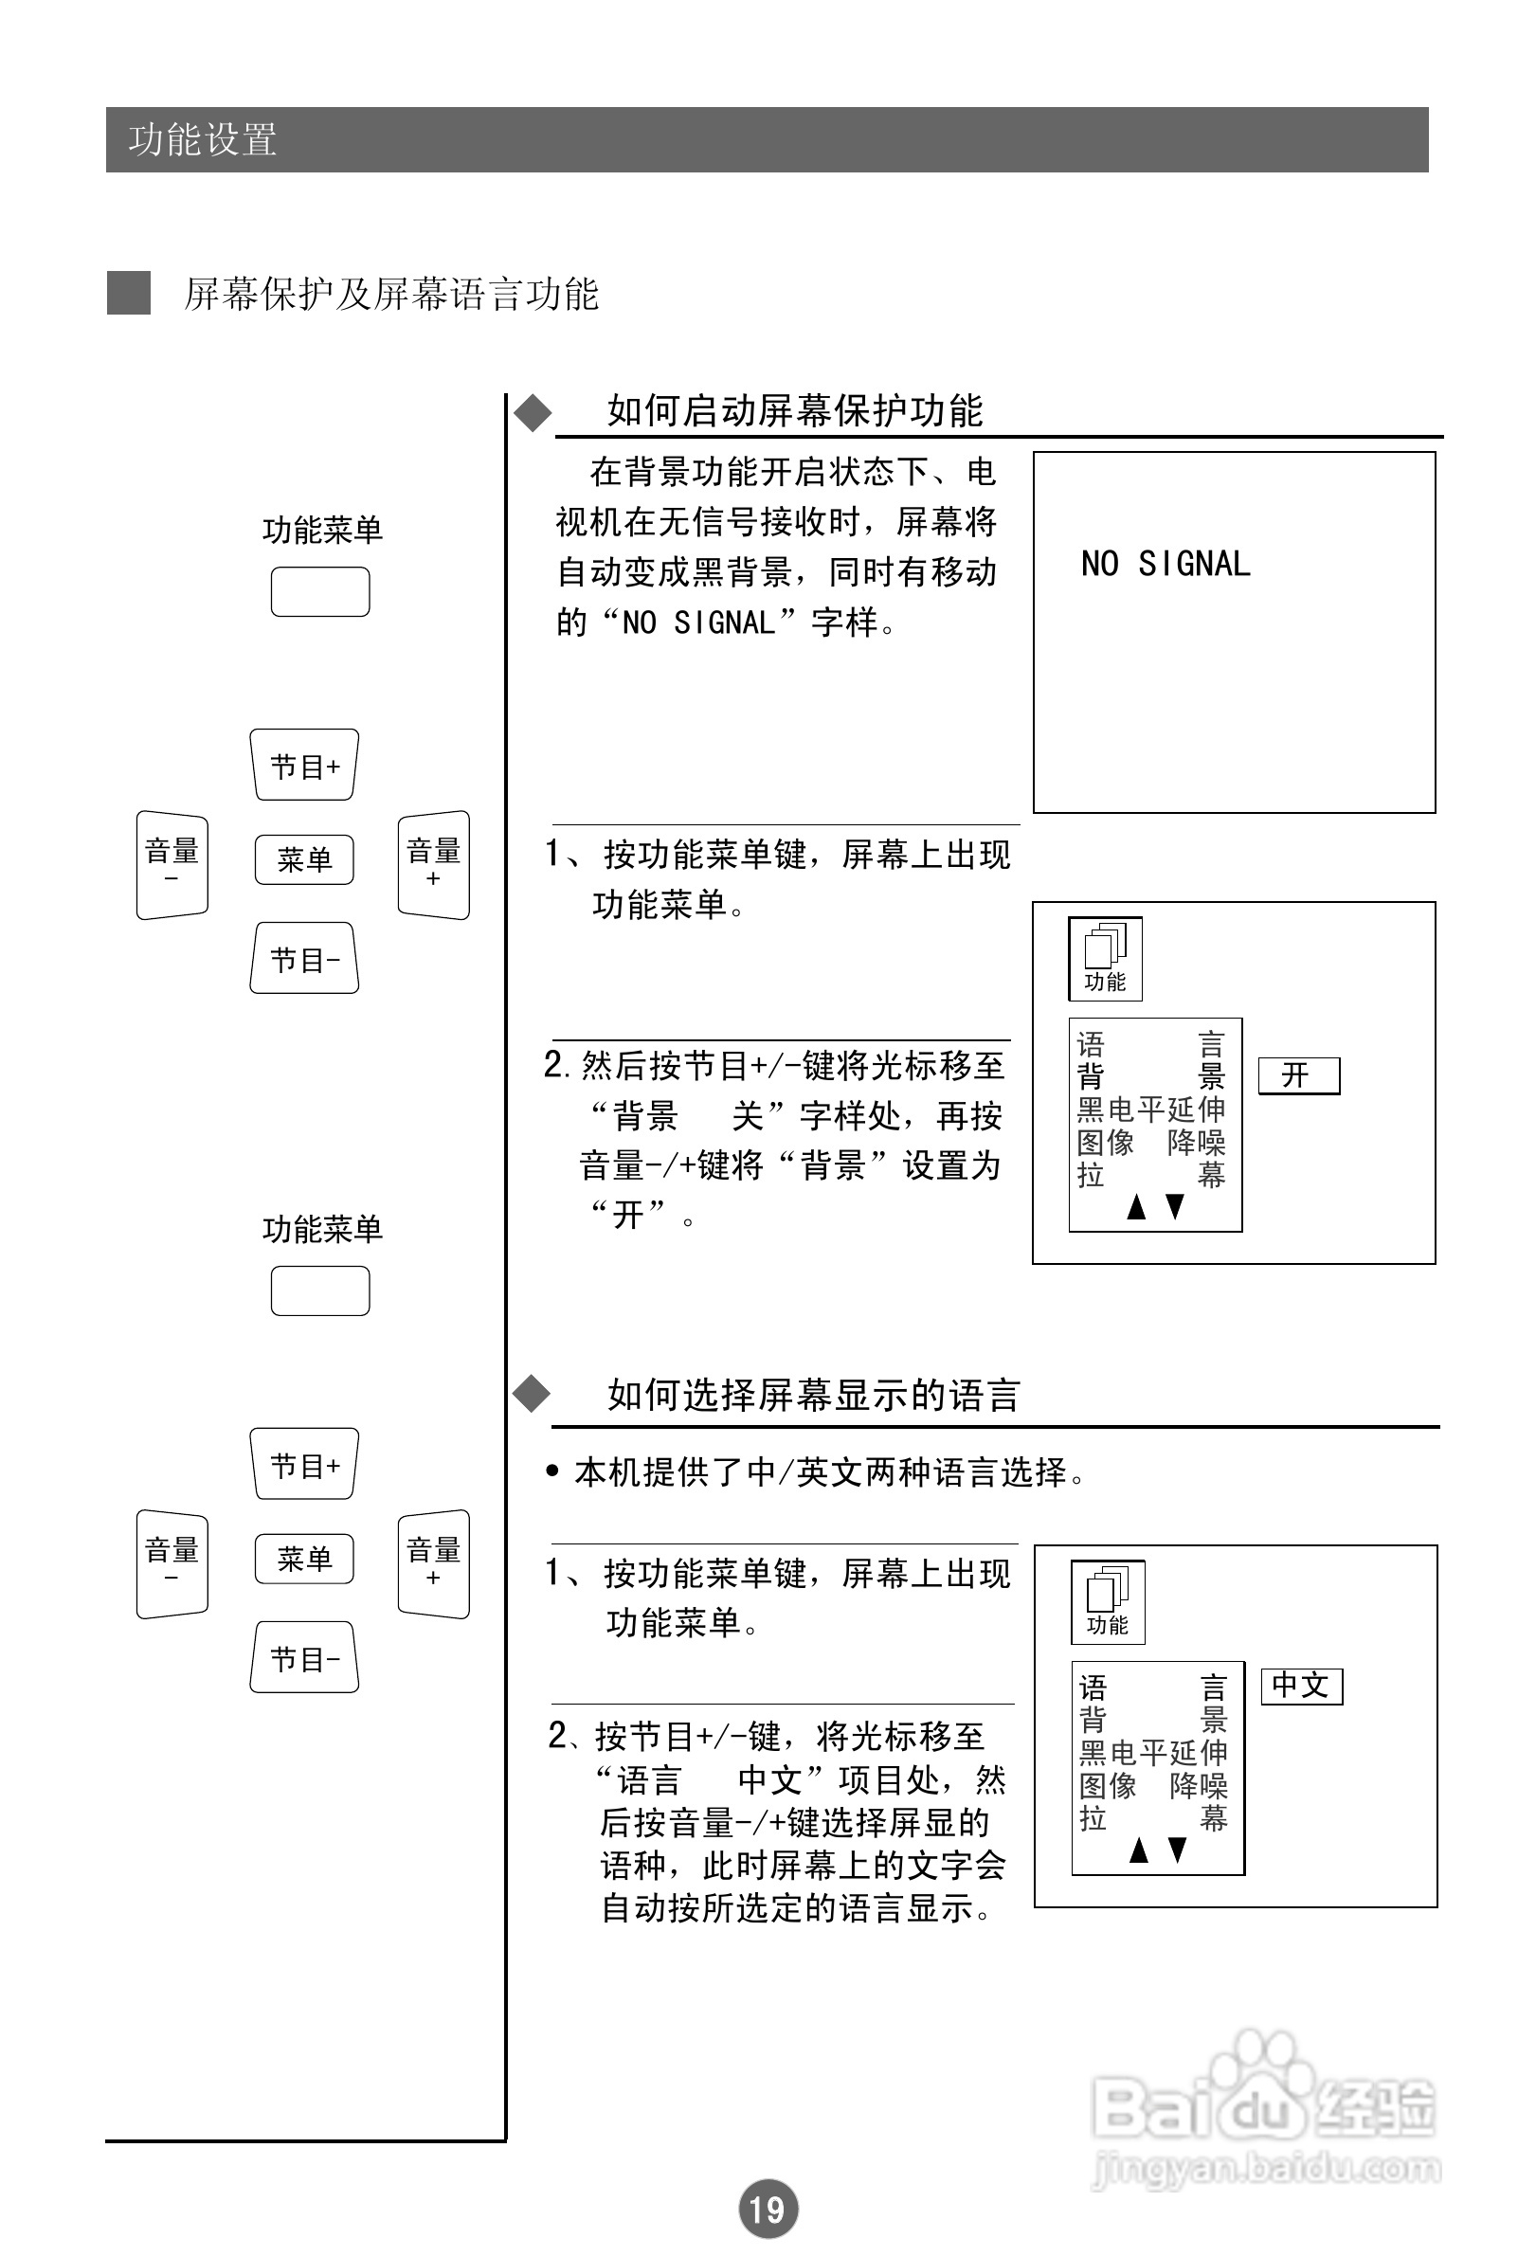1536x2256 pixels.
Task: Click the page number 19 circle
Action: coord(768,2209)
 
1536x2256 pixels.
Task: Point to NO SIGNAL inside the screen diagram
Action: coord(1166,564)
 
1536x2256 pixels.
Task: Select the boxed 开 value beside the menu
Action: coord(1298,1075)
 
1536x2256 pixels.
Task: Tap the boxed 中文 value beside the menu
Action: coord(1301,1686)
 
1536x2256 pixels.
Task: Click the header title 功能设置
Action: coord(203,140)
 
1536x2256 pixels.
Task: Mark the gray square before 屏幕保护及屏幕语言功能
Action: coord(128,293)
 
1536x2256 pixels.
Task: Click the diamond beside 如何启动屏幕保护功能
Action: coord(533,412)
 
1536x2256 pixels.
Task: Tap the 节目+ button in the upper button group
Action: coord(305,765)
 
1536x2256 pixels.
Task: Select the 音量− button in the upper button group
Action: coord(172,864)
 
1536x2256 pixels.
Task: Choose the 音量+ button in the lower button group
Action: coord(433,1562)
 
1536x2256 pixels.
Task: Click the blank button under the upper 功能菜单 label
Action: coord(319,592)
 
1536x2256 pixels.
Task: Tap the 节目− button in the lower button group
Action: coord(305,1658)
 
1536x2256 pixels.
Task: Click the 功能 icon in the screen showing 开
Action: coord(1105,958)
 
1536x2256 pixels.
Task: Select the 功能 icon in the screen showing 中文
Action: coord(1108,1601)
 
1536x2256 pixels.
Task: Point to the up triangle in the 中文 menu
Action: coord(1139,1850)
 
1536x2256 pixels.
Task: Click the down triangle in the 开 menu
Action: coord(1175,1206)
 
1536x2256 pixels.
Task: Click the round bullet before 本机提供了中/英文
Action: coord(552,1471)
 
